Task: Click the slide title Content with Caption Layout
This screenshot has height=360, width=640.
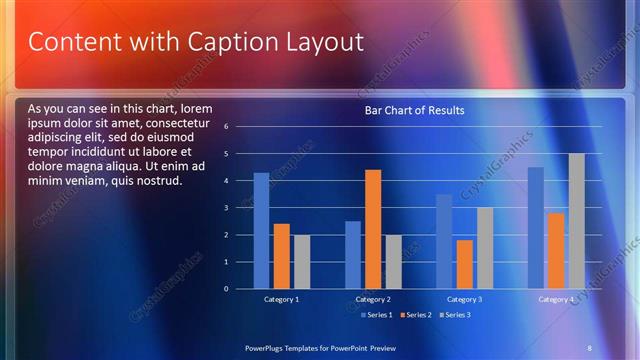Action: [x=195, y=43]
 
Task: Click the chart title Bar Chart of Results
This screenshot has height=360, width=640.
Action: [x=414, y=110]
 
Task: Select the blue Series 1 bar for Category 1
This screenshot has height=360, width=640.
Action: [x=261, y=230]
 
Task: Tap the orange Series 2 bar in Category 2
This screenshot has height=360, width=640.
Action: [x=373, y=229]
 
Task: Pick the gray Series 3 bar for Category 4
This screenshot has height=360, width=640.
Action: [x=576, y=221]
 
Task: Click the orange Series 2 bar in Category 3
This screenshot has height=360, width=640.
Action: [x=464, y=264]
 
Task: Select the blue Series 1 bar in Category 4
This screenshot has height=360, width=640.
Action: [x=536, y=227]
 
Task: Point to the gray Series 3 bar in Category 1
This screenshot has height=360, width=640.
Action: [x=301, y=261]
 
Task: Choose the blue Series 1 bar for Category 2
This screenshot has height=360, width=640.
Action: [x=353, y=254]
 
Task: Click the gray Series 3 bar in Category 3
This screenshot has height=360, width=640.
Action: [x=484, y=248]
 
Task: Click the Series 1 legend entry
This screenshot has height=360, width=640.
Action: [x=375, y=315]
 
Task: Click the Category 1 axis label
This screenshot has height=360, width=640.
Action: [x=281, y=299]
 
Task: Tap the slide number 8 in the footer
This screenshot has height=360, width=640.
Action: [x=589, y=346]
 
